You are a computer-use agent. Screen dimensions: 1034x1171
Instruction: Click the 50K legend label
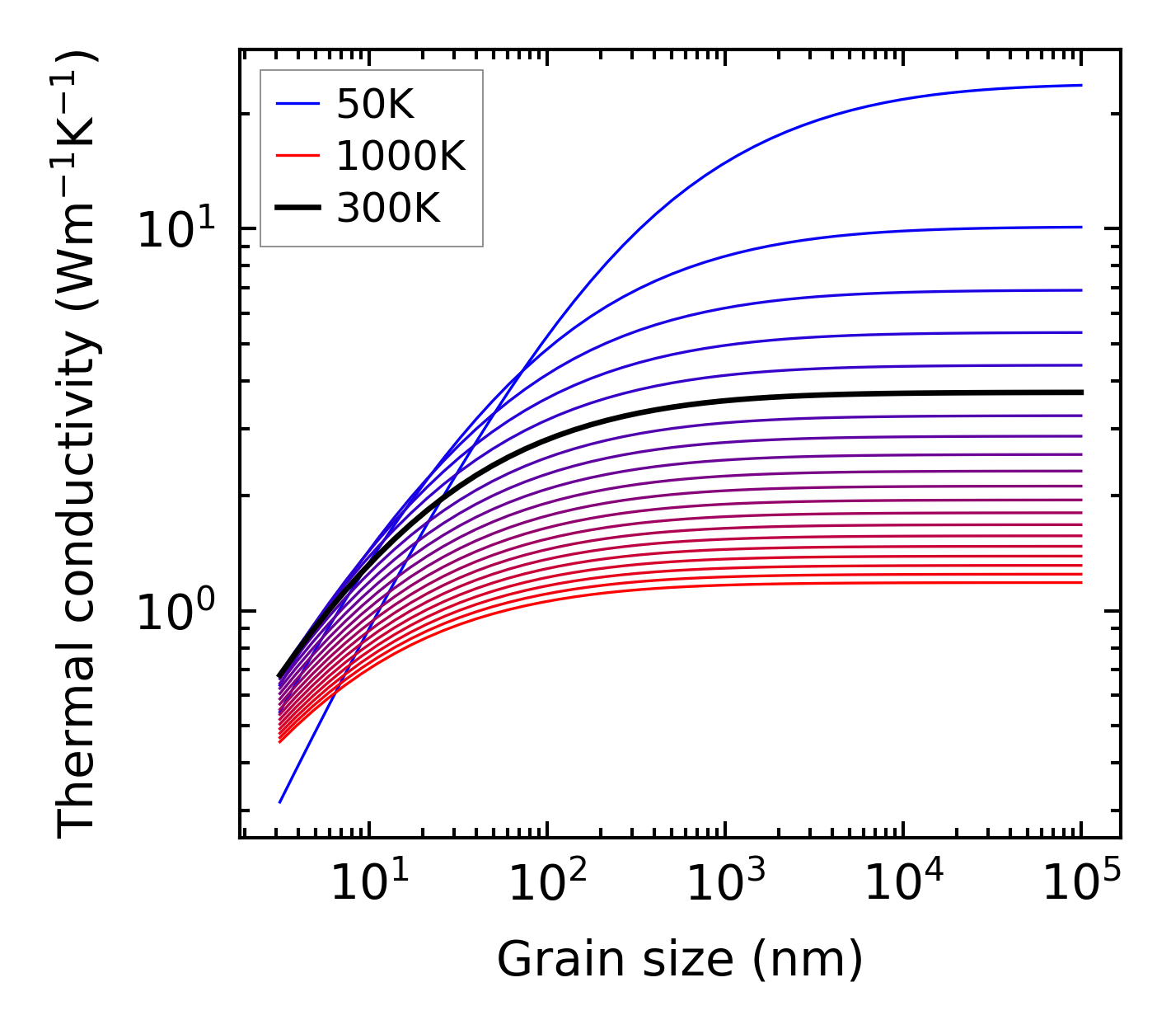(x=375, y=104)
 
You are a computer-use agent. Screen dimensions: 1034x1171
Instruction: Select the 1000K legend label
(x=400, y=156)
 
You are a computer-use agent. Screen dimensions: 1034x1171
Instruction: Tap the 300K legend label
(x=388, y=209)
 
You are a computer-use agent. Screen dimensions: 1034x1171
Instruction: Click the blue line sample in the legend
(x=297, y=104)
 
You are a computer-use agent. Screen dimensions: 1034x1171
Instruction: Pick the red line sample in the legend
(x=297, y=156)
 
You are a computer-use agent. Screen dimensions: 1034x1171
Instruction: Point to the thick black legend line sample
(x=297, y=209)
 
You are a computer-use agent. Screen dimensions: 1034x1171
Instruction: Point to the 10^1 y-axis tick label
(x=185, y=230)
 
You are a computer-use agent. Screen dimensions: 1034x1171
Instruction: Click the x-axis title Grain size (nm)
(x=680, y=960)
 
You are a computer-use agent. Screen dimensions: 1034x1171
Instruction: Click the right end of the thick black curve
(x=1080, y=392)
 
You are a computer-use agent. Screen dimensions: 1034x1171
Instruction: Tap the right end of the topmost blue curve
(x=1080, y=85)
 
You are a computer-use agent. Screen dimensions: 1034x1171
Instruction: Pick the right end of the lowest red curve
(x=1080, y=583)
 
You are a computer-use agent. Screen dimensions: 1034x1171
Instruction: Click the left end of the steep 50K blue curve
(x=280, y=801)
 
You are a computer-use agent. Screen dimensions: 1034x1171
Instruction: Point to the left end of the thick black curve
(x=279, y=676)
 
